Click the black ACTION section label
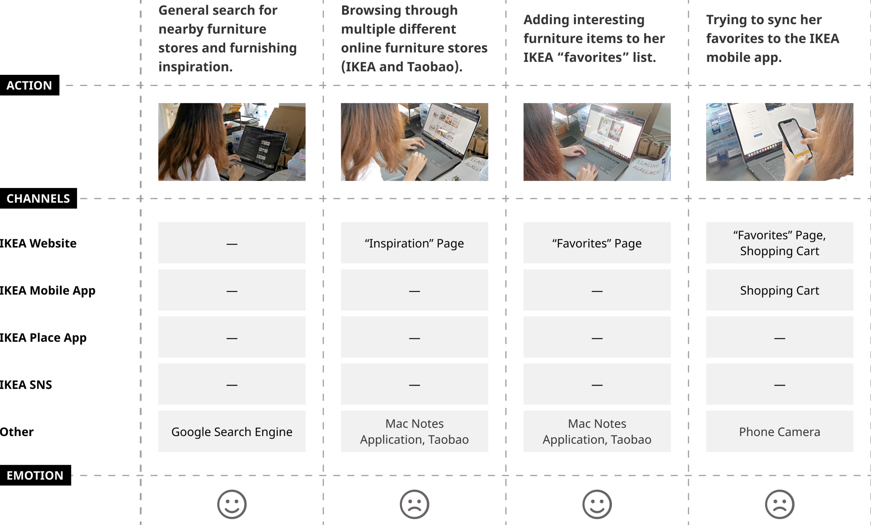click(29, 85)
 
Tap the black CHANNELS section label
click(38, 198)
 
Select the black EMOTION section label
click(35, 475)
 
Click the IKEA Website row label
click(38, 243)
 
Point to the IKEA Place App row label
click(43, 338)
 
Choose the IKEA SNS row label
click(26, 385)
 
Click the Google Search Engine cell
click(232, 432)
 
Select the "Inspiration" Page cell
click(414, 243)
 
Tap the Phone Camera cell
click(779, 432)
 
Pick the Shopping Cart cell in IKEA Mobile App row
click(779, 290)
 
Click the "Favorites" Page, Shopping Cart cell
click(779, 243)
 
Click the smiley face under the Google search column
click(232, 504)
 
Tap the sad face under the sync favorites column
click(779, 504)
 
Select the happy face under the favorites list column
click(597, 504)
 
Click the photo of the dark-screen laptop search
click(232, 142)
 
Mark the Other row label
click(17, 432)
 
